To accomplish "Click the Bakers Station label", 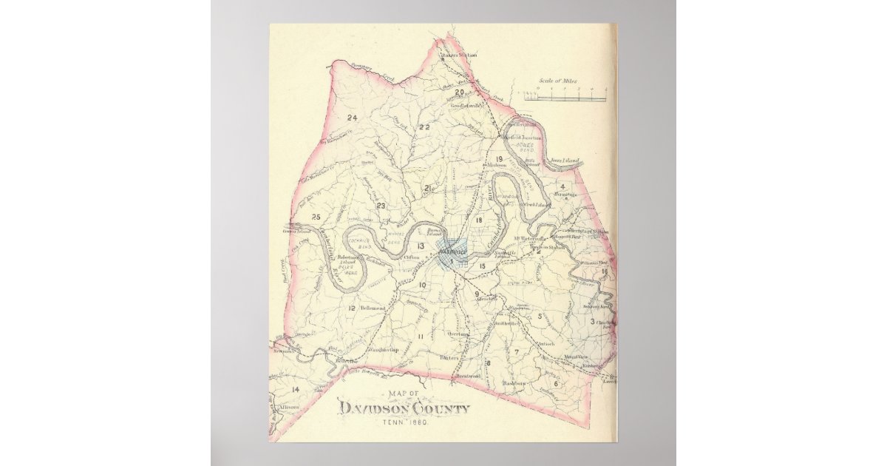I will click(x=459, y=55).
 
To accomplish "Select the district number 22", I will click(x=424, y=127).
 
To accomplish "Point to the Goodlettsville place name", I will click(x=466, y=105).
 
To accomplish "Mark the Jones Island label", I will click(x=563, y=160).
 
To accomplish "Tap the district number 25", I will click(x=316, y=217).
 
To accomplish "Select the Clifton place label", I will click(x=411, y=257).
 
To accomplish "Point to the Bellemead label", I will click(x=373, y=308).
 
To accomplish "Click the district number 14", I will click(x=295, y=389).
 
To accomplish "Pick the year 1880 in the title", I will click(x=416, y=422).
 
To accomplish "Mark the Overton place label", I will click(x=459, y=334).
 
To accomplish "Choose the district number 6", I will click(x=555, y=383).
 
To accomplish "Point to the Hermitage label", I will click(x=564, y=195).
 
